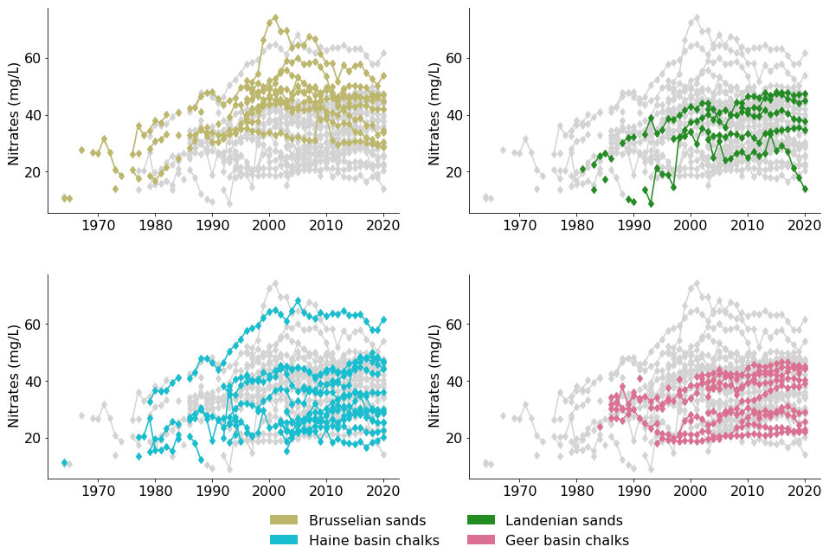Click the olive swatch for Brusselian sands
283,520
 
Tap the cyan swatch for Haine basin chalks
283,540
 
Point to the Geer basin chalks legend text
567,540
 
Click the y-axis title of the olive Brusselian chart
15,113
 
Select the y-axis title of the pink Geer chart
436,376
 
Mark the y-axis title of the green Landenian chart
436,113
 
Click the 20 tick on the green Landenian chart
453,171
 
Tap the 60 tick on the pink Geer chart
453,324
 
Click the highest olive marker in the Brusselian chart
275,17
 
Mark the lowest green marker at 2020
805,189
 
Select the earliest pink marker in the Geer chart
600,427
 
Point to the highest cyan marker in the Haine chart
298,301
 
